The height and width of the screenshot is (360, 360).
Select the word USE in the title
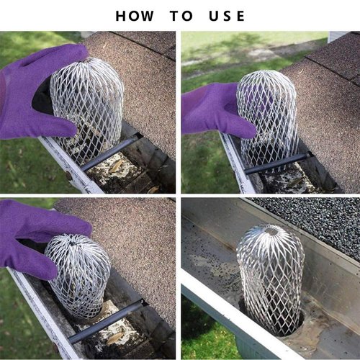pyautogui.click(x=228, y=16)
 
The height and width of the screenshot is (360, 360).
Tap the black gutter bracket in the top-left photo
pyautogui.click(x=108, y=153)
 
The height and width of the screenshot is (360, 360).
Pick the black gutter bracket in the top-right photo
pyautogui.click(x=277, y=163)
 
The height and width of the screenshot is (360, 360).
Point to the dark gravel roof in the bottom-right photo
pyautogui.click(x=317, y=216)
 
